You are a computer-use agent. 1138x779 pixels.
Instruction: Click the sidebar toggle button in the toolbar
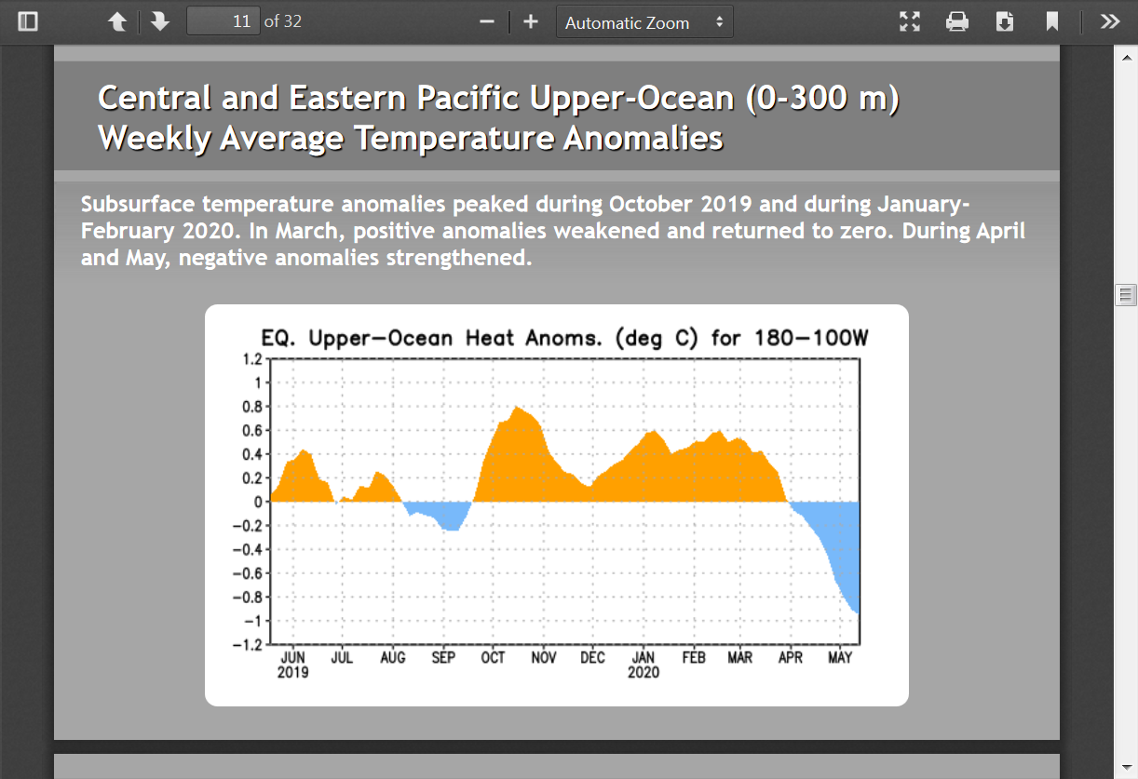(x=27, y=21)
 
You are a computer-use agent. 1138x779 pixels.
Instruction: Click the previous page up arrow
(x=117, y=21)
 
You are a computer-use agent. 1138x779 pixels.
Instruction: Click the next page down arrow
(x=160, y=21)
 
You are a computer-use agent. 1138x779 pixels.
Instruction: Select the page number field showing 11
(x=224, y=21)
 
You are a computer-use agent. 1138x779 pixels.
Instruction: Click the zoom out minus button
(x=487, y=21)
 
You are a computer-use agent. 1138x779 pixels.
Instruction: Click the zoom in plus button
(x=531, y=21)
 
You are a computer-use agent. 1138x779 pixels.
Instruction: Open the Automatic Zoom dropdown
(x=644, y=21)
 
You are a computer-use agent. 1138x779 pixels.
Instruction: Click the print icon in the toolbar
(x=957, y=21)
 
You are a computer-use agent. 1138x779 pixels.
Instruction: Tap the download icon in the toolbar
(x=1005, y=21)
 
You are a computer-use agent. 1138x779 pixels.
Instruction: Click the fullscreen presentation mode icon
(x=910, y=21)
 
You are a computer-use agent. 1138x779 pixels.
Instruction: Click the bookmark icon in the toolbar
(x=1052, y=21)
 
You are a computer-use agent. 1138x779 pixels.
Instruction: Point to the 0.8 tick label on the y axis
(x=252, y=407)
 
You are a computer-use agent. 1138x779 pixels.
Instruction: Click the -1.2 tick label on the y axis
(x=248, y=645)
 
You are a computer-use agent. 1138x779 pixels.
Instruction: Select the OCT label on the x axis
(x=493, y=658)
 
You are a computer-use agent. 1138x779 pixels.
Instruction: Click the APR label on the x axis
(x=791, y=658)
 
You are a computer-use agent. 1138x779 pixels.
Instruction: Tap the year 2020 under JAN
(x=644, y=672)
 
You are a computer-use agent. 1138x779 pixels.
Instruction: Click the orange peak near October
(x=517, y=408)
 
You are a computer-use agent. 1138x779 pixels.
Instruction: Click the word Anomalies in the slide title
(x=643, y=138)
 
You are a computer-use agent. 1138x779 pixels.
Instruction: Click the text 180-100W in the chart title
(x=811, y=338)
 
